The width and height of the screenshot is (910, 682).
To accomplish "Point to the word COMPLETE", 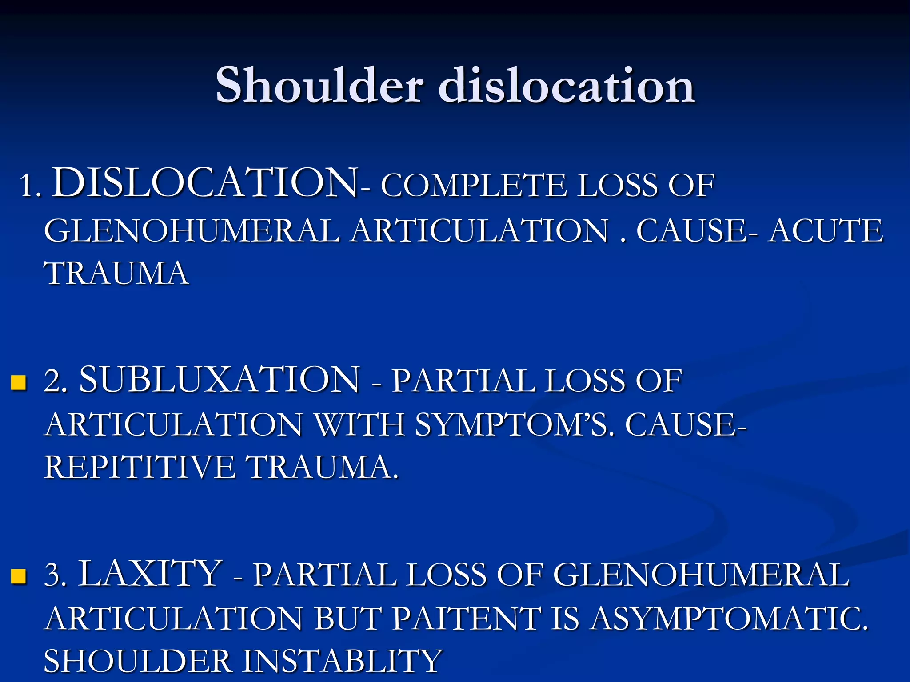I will pos(474,186).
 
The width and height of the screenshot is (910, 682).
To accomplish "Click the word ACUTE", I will pos(826,231).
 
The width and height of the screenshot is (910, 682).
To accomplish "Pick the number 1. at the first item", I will pos(30,186).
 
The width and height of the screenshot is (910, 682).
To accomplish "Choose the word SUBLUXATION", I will pos(219,380).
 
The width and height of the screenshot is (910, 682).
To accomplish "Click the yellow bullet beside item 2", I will pos(19,382).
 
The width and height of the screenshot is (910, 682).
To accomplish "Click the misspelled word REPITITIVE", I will pos(140,467).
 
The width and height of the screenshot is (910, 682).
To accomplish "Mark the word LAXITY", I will pos(150,574).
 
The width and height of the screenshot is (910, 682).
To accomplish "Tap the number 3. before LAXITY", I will pos(56,575).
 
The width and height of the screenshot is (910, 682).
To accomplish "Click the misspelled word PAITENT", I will pos(467,619).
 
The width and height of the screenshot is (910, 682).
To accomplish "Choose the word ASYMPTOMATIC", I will pos(729,619).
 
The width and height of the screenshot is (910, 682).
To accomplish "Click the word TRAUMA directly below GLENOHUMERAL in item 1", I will pos(116,273).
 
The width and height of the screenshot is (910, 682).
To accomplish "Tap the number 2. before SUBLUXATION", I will pos(56,381).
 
